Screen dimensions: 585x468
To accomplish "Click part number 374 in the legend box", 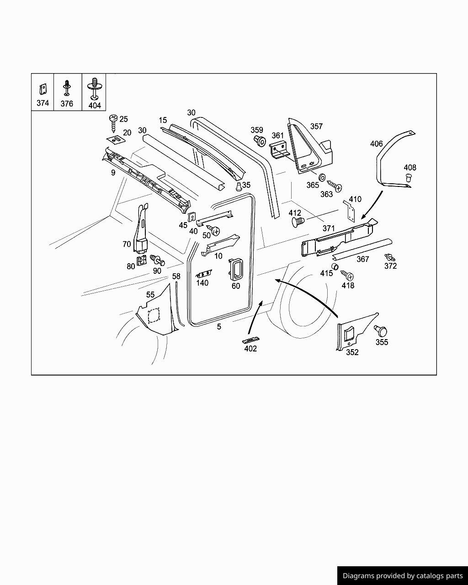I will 43,103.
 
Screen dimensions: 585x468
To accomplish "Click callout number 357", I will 316,126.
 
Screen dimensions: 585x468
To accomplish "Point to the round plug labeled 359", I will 260,141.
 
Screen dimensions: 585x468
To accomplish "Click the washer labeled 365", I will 322,177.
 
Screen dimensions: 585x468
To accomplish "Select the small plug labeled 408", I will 408,177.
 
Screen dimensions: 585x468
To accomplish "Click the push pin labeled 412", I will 298,223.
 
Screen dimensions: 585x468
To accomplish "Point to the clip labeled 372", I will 390,257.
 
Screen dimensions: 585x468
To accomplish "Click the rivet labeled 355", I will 381,330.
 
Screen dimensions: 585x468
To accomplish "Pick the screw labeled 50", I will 213,230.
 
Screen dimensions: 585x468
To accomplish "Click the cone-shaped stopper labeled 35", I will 239,186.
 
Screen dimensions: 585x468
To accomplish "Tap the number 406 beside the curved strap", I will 376,144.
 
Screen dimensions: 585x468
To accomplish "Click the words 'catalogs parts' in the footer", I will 439,576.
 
